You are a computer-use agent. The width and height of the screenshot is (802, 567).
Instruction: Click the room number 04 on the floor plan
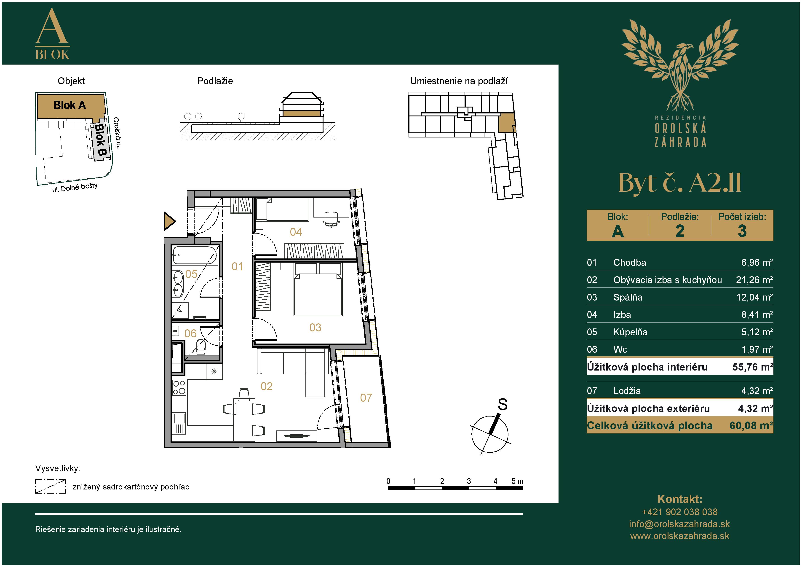(x=296, y=232)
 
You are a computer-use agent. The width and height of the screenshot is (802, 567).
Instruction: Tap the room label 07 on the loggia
(x=366, y=398)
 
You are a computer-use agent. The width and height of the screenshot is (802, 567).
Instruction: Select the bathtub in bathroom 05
(x=195, y=255)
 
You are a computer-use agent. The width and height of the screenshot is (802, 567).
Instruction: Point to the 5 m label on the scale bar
(x=517, y=481)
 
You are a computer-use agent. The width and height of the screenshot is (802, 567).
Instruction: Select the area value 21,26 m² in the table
(x=754, y=280)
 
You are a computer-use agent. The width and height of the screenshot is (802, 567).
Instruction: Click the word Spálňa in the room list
(x=628, y=297)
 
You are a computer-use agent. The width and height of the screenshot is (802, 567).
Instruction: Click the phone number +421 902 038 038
(x=680, y=512)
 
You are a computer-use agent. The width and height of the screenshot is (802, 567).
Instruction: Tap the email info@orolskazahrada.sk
(x=679, y=524)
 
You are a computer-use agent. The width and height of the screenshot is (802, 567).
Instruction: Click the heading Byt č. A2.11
(x=680, y=183)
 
